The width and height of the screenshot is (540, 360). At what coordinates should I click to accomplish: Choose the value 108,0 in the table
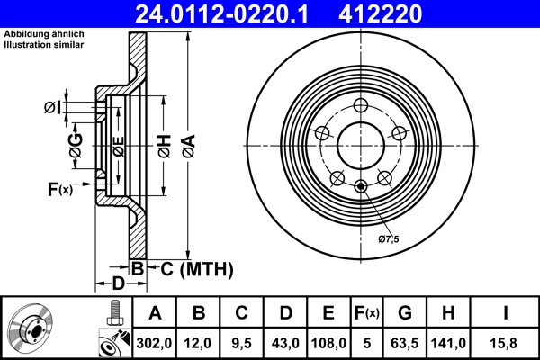point(329,342)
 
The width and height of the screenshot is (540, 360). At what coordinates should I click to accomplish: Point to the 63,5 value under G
point(405,342)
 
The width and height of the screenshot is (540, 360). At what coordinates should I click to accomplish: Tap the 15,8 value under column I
point(506,342)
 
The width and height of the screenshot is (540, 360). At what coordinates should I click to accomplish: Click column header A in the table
point(155,313)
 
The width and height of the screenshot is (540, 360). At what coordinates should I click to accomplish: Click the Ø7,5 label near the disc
point(388,238)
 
